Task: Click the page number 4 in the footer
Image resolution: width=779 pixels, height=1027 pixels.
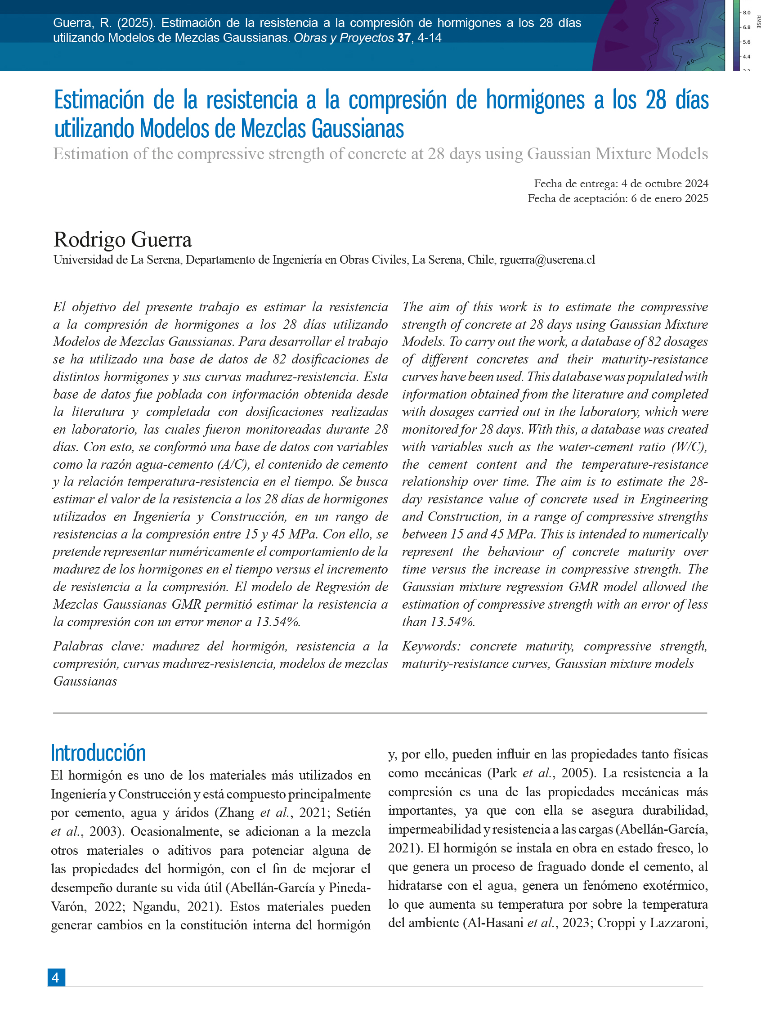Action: click(x=56, y=978)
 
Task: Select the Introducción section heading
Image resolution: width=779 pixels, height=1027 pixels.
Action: click(x=98, y=753)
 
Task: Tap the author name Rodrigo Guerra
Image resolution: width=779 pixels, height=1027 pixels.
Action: click(x=122, y=240)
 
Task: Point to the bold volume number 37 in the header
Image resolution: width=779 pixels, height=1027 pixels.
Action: click(x=404, y=38)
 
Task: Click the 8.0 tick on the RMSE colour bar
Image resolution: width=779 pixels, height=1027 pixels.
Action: click(x=747, y=13)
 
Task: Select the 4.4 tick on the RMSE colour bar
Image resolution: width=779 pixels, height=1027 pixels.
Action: click(x=747, y=57)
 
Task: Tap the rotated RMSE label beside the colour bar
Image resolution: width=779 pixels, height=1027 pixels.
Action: click(x=759, y=22)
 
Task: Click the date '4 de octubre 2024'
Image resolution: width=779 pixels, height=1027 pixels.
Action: click(x=664, y=184)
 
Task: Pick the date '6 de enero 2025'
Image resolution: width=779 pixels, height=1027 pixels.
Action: click(x=669, y=198)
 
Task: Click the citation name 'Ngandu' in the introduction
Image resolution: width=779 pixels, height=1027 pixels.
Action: click(x=156, y=906)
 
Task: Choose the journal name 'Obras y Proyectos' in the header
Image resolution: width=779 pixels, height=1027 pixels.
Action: click(x=344, y=38)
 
